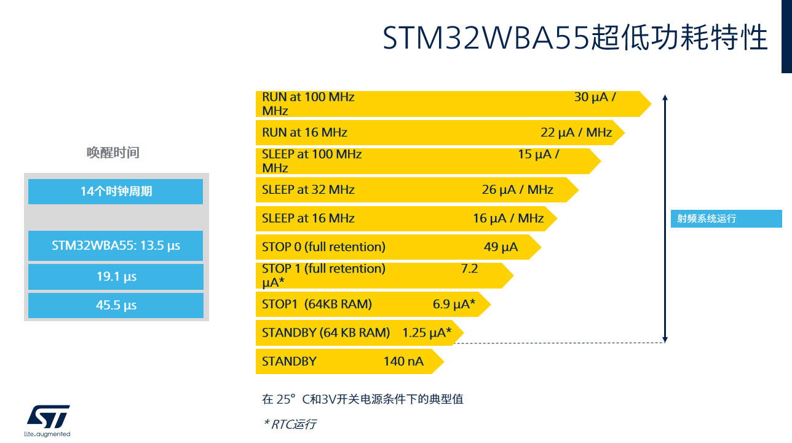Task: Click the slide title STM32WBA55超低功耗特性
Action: click(x=576, y=38)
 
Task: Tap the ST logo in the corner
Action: click(x=48, y=421)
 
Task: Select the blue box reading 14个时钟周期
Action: click(x=116, y=191)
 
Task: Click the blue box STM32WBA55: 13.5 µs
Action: click(x=116, y=245)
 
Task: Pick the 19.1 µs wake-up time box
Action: click(x=116, y=277)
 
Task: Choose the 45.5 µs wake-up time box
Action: click(x=116, y=305)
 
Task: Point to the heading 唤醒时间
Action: click(x=113, y=153)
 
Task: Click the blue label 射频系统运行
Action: click(x=726, y=218)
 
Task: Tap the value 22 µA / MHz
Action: click(x=576, y=133)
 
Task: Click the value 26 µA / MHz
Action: click(x=517, y=190)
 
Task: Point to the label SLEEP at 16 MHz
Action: click(x=308, y=218)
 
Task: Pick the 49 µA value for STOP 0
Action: click(x=501, y=247)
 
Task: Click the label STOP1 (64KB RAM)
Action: click(x=317, y=305)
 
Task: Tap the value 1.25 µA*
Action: click(x=427, y=333)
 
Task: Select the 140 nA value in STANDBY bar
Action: click(x=403, y=361)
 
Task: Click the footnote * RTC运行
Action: click(x=290, y=424)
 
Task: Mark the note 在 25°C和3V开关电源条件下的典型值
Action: click(x=362, y=399)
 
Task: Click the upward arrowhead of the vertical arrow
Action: click(x=665, y=97)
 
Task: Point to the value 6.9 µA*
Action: click(x=454, y=305)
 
